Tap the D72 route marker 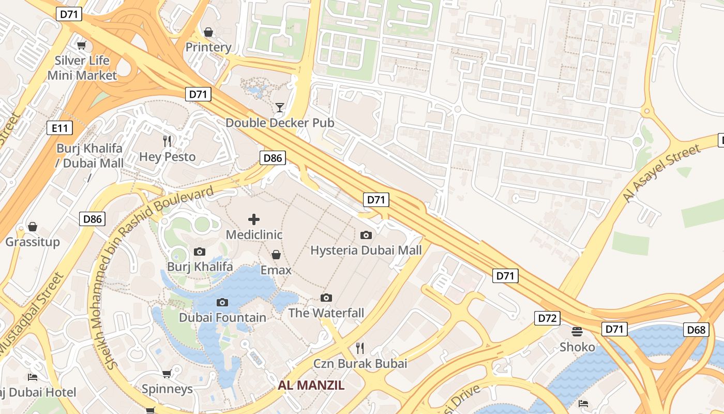pyautogui.click(x=547, y=318)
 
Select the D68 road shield pyautogui.click(x=696, y=330)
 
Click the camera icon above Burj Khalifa pyautogui.click(x=199, y=252)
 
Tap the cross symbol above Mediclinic pyautogui.click(x=254, y=219)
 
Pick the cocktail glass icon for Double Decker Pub pyautogui.click(x=280, y=108)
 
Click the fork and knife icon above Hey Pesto pyautogui.click(x=167, y=141)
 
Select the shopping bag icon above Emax pyautogui.click(x=276, y=255)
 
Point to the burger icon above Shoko pyautogui.click(x=577, y=331)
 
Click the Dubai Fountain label pyautogui.click(x=223, y=317)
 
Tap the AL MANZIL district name pyautogui.click(x=311, y=385)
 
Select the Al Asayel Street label pyautogui.click(x=661, y=173)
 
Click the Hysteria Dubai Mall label pyautogui.click(x=366, y=250)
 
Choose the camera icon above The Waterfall pyautogui.click(x=326, y=298)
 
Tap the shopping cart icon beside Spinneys pyautogui.click(x=167, y=374)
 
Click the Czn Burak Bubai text pyautogui.click(x=360, y=363)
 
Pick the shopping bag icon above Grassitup pyautogui.click(x=33, y=227)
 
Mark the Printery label pyautogui.click(x=208, y=47)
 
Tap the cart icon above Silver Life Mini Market pyautogui.click(x=82, y=45)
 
